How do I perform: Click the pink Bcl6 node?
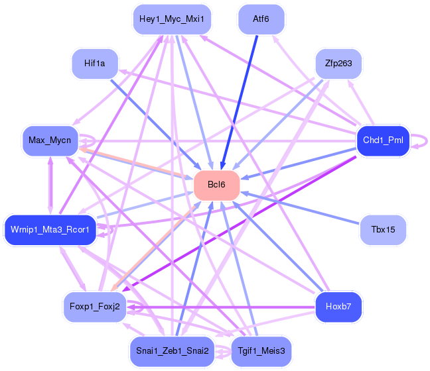point(216,185)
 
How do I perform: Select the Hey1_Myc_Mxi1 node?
point(172,19)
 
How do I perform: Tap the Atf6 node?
point(261,19)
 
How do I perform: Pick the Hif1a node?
point(95,64)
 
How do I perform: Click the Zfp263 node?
point(338,64)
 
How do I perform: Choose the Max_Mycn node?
point(50,140)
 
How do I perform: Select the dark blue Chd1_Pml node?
point(383,140)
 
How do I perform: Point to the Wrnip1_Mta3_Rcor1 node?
point(50,229)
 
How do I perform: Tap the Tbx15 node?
point(383,229)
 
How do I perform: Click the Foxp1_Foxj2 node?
point(95,306)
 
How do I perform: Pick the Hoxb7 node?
point(338,306)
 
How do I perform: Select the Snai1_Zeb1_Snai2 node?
point(173,351)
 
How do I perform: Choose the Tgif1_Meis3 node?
point(261,351)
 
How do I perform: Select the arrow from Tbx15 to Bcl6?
point(299,208)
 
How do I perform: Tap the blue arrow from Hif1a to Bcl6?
point(156,125)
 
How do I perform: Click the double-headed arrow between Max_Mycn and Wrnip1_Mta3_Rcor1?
point(50,185)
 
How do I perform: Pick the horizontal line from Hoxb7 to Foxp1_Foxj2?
point(221,307)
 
